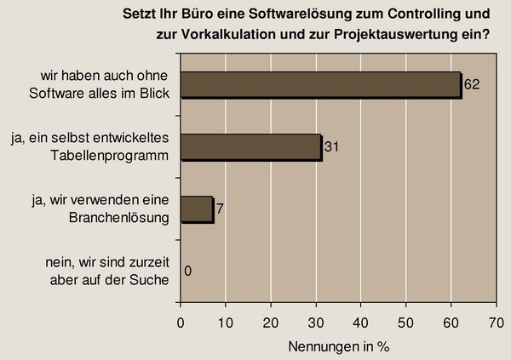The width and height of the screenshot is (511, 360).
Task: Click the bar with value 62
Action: coord(320,85)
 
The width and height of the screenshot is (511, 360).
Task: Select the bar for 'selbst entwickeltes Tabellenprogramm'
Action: coord(250,147)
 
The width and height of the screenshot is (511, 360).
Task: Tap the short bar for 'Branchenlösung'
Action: coord(196,209)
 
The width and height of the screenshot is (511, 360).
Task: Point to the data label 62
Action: coord(471,85)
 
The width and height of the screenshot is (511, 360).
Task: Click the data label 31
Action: coord(333,147)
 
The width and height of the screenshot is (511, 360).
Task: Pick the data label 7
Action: coord(221,209)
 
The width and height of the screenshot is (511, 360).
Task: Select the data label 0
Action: coord(187,271)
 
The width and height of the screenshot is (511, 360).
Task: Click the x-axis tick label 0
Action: coord(181,323)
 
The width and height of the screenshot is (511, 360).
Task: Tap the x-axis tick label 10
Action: coord(226,323)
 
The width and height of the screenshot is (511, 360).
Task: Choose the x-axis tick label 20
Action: coord(271,323)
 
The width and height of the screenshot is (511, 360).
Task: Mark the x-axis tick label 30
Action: coord(316,323)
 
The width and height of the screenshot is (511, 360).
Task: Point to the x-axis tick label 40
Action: coord(361,323)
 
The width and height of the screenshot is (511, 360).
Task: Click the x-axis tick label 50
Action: coord(406,323)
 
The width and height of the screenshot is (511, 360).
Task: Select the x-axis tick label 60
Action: coord(451,323)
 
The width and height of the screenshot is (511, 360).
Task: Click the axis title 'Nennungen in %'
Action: coord(338,346)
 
